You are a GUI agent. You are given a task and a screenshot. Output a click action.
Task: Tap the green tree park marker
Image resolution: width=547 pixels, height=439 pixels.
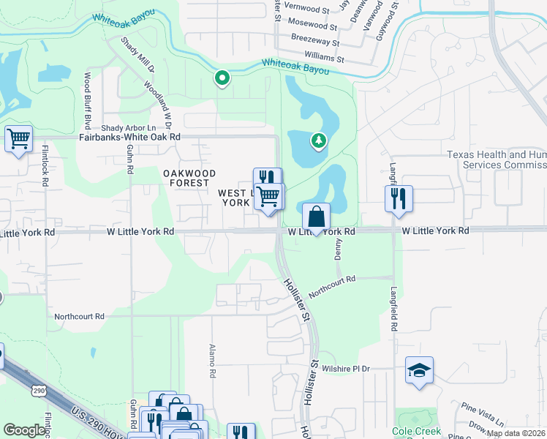[x=318, y=140]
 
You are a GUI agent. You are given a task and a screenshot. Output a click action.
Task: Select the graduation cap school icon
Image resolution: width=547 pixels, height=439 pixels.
[x=420, y=369]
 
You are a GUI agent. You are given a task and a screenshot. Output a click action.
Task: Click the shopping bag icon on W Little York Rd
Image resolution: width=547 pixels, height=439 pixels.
[x=316, y=217]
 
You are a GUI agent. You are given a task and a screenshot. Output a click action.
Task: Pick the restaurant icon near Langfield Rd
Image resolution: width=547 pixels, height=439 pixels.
[x=399, y=198]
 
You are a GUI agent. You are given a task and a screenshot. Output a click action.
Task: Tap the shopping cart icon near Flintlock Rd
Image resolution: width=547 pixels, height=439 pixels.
[x=18, y=138]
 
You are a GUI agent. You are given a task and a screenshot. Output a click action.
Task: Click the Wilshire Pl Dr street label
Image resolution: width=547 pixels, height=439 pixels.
[x=347, y=369]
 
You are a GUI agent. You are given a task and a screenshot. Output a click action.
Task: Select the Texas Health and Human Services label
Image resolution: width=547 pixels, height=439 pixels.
[x=497, y=160]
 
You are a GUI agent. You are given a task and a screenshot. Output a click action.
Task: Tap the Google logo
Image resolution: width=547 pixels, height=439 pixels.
[x=25, y=430]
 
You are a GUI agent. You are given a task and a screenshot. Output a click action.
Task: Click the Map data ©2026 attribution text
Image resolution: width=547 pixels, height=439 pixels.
[x=516, y=433]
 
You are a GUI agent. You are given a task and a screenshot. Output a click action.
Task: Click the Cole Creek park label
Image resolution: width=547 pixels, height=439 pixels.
[x=416, y=432]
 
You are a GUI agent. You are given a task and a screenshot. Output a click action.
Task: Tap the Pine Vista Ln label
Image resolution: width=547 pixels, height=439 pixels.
[x=483, y=413]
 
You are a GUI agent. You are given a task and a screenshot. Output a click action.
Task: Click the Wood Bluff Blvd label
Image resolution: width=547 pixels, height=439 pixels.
[x=87, y=97]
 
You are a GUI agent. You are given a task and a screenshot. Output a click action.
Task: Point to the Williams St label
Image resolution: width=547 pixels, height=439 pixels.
[x=325, y=57]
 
